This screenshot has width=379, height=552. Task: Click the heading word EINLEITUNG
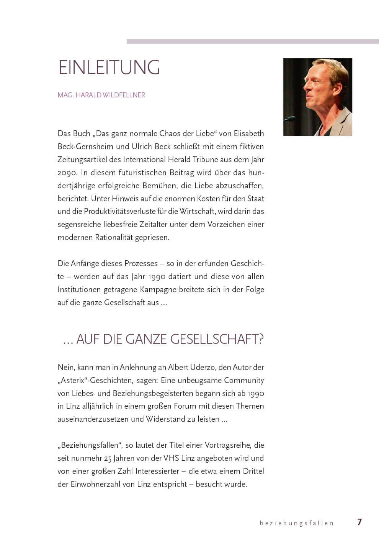click(x=109, y=67)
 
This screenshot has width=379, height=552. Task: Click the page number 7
click(x=359, y=522)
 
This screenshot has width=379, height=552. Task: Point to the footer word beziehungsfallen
click(x=297, y=523)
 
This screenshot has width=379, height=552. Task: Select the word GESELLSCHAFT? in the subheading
click(x=217, y=339)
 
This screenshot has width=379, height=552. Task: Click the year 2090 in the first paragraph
click(x=67, y=173)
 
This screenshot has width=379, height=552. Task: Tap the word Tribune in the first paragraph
click(x=202, y=159)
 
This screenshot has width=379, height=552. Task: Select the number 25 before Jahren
click(x=108, y=458)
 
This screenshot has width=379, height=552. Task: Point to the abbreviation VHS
click(x=171, y=458)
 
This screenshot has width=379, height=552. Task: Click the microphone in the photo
click(x=290, y=118)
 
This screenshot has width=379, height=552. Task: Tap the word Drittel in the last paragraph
click(x=251, y=471)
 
